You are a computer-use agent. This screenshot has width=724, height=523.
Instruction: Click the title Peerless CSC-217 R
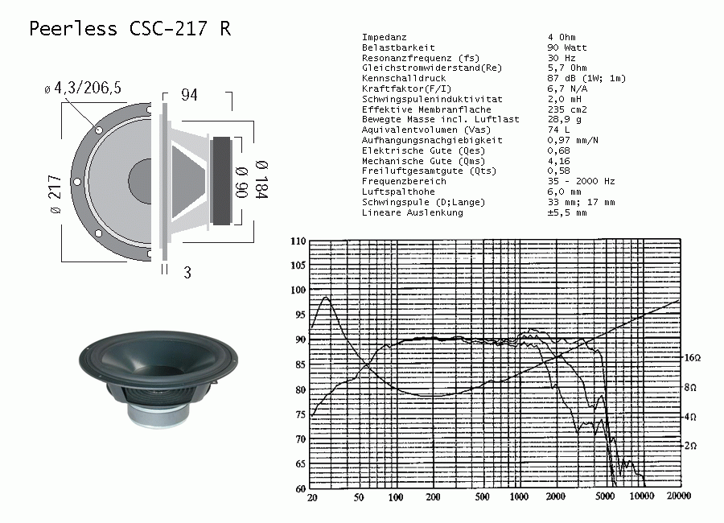(x=130, y=28)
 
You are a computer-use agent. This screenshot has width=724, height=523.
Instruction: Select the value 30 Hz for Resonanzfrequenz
(x=562, y=58)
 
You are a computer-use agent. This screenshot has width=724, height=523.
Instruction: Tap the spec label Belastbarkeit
(x=398, y=47)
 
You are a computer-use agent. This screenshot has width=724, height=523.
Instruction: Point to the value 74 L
(x=559, y=130)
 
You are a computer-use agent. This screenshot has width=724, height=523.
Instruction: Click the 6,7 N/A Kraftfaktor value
(x=567, y=89)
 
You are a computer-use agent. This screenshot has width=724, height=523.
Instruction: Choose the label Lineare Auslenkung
(x=413, y=212)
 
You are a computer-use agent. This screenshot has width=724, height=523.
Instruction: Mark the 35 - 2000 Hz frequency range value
(x=582, y=181)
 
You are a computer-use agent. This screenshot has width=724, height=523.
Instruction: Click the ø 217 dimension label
(x=55, y=194)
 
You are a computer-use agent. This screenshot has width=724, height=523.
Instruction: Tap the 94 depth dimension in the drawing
(x=189, y=95)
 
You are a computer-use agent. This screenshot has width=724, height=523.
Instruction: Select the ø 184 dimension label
(x=261, y=179)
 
